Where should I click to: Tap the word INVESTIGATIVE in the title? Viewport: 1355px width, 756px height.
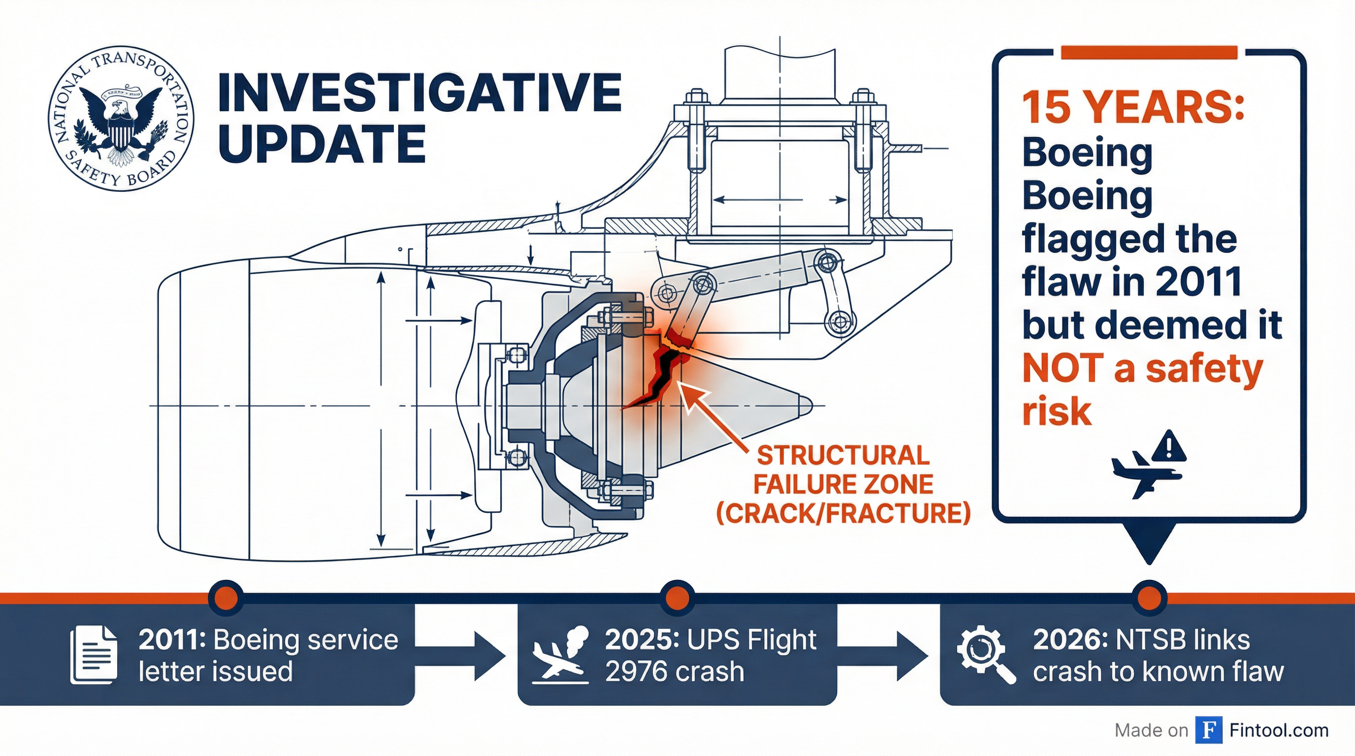coord(419,93)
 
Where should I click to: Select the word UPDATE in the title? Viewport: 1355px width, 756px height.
coord(322,144)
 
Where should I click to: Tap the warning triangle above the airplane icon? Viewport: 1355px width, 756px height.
coord(1169,446)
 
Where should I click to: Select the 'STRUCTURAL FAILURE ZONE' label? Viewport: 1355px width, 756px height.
coord(843,470)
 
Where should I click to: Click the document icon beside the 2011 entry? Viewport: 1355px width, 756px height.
coord(94,655)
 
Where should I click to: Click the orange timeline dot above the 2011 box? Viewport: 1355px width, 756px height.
coord(226,598)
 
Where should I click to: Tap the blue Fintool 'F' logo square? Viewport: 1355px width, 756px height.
coord(1208,730)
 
